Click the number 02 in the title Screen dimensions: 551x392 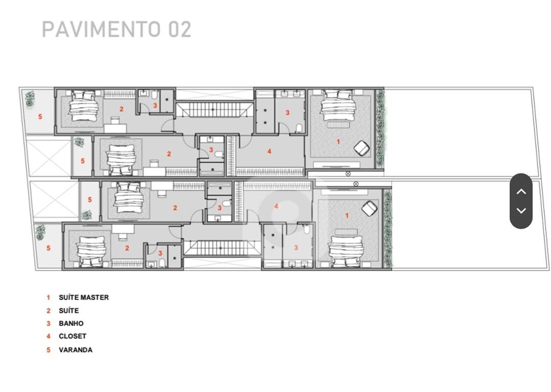click(180, 29)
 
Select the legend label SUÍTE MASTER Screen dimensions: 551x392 click(84, 298)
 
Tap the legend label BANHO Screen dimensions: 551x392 click(71, 324)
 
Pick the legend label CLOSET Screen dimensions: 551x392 click(72, 336)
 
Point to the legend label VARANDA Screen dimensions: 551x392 click(76, 350)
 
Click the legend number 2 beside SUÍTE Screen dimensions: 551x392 click(48, 311)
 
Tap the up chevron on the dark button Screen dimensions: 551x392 click(521, 191)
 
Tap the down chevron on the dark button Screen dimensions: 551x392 click(521, 211)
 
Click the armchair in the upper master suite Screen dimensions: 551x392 click(362, 148)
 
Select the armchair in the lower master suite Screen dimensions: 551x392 click(369, 208)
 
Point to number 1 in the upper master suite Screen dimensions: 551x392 click(338, 142)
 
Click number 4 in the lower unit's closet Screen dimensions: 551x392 click(276, 206)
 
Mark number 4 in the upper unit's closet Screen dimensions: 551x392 click(269, 151)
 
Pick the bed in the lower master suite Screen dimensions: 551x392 click(345, 251)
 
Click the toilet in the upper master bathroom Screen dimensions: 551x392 click(299, 128)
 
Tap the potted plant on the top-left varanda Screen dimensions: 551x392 click(30, 99)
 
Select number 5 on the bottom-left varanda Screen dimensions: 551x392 click(48, 248)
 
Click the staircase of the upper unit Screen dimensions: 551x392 click(214, 110)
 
